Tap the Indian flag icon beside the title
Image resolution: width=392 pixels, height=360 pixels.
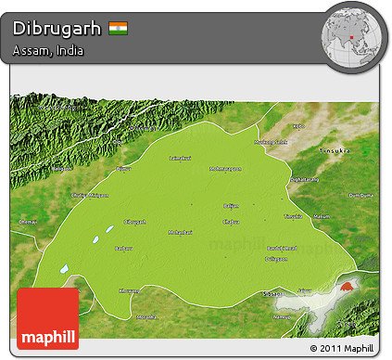pyautogui.click(x=118, y=28)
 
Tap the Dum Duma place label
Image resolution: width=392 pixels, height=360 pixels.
pyautogui.click(x=360, y=196)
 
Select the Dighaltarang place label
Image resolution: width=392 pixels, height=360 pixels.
pyautogui.click(x=305, y=179)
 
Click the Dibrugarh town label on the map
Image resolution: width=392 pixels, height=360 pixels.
pyautogui.click(x=135, y=222)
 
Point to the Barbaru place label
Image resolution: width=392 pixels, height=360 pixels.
pyautogui.click(x=121, y=249)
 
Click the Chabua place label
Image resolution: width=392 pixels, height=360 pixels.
pyautogui.click(x=232, y=222)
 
